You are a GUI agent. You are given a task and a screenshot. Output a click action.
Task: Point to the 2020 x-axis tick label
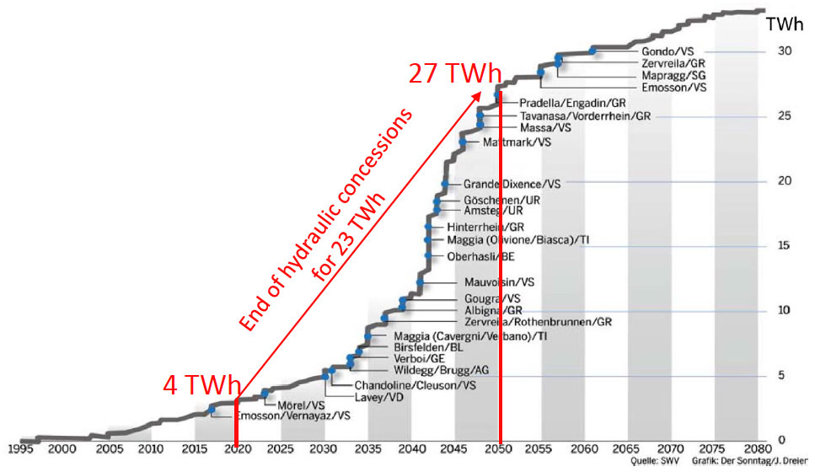click(238, 448)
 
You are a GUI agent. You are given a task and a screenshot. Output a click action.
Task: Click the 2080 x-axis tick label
click(756, 448)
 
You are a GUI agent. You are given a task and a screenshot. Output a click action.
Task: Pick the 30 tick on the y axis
click(783, 51)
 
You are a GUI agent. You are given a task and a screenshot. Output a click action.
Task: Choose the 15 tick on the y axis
click(783, 246)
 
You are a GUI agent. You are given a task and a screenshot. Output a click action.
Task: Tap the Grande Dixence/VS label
click(512, 184)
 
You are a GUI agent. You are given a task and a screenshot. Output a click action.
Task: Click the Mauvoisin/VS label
click(499, 282)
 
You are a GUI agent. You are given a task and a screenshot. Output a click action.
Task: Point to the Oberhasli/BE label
click(481, 256)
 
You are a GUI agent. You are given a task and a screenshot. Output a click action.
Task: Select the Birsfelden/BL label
click(429, 346)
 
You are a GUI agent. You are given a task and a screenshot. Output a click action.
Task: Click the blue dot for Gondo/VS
click(592, 51)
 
